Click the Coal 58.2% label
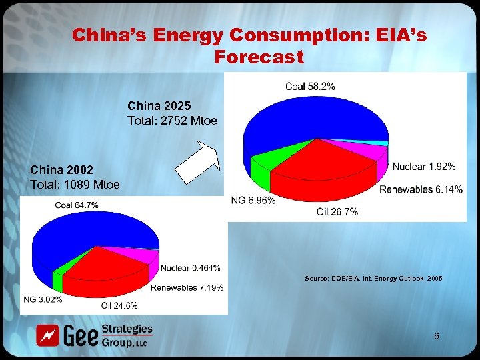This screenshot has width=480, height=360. [x=310, y=86]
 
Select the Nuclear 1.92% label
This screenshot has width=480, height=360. [x=424, y=166]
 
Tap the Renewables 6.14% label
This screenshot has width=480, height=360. [x=421, y=190]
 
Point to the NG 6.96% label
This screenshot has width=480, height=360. [x=253, y=200]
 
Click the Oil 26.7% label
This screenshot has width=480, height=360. [x=337, y=212]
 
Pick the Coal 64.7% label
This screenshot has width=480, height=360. [x=77, y=205]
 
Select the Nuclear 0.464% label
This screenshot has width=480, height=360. [x=191, y=268]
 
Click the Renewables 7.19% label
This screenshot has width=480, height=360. [x=187, y=287]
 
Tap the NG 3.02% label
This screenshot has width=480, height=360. [x=43, y=299]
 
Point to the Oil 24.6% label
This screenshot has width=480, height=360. [x=119, y=305]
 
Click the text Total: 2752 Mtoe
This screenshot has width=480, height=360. [x=171, y=121]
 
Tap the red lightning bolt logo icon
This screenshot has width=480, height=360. [x=47, y=335]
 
